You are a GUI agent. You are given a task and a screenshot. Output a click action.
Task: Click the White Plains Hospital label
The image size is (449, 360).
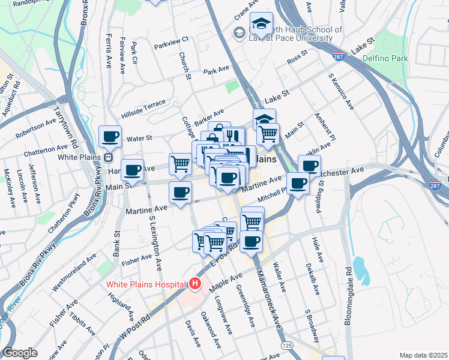pyautogui.click(x=146, y=284)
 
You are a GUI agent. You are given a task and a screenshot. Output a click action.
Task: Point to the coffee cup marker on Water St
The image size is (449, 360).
pyautogui.click(x=110, y=137)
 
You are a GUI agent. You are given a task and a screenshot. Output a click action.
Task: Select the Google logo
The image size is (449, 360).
pyautogui.click(x=20, y=353)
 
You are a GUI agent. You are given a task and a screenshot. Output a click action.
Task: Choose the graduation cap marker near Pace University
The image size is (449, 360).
pyautogui.click(x=261, y=24)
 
